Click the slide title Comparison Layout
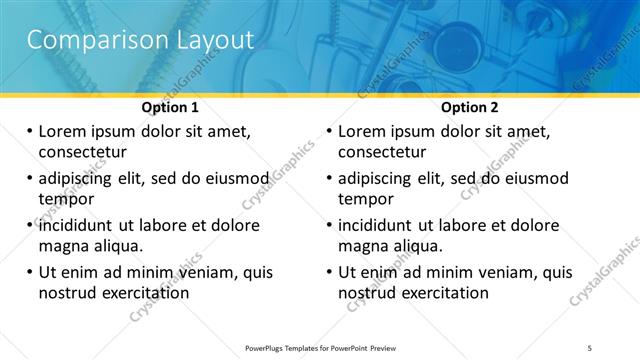tap(140, 40)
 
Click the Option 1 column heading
tap(170, 107)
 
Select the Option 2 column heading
tap(469, 107)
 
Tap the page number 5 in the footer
tap(590, 347)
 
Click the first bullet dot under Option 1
tap(30, 131)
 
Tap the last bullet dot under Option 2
tap(330, 272)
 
